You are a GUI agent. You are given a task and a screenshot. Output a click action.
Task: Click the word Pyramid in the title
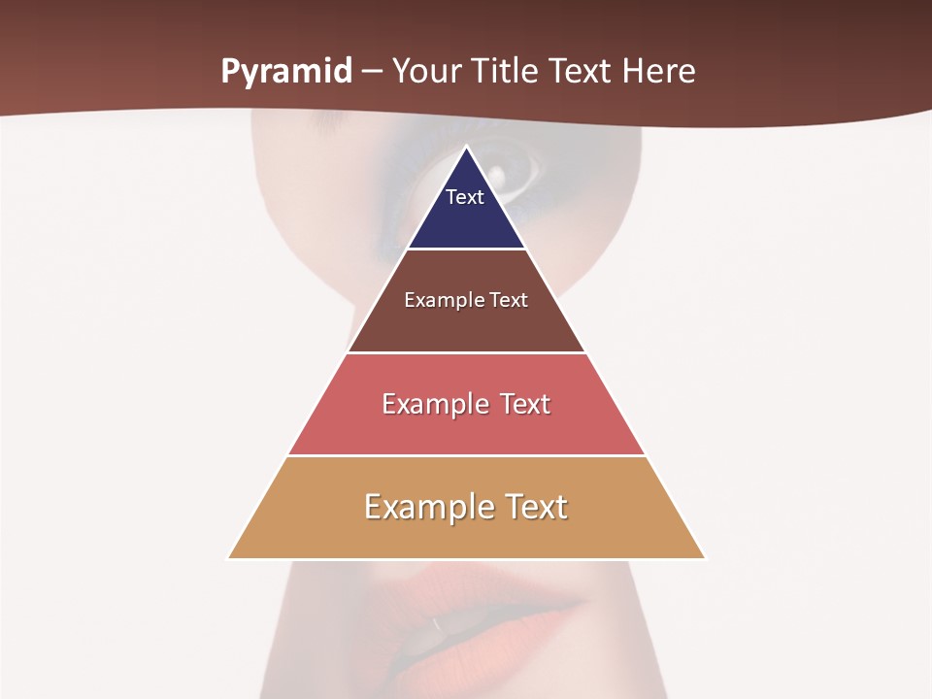pyautogui.click(x=286, y=72)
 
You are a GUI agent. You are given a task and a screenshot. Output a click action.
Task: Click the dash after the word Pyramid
pyautogui.click(x=372, y=73)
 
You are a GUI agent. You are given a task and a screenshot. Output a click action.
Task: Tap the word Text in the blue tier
pyautogui.click(x=465, y=197)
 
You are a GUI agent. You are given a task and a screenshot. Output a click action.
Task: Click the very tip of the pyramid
pyautogui.click(x=466, y=148)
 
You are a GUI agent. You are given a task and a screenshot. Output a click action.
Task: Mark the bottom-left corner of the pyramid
pyautogui.click(x=229, y=557)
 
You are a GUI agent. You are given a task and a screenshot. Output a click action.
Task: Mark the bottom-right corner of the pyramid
pyautogui.click(x=704, y=557)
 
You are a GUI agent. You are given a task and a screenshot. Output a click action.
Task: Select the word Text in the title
pyautogui.click(x=582, y=72)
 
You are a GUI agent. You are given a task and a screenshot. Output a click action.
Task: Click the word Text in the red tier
pyautogui.click(x=525, y=404)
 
